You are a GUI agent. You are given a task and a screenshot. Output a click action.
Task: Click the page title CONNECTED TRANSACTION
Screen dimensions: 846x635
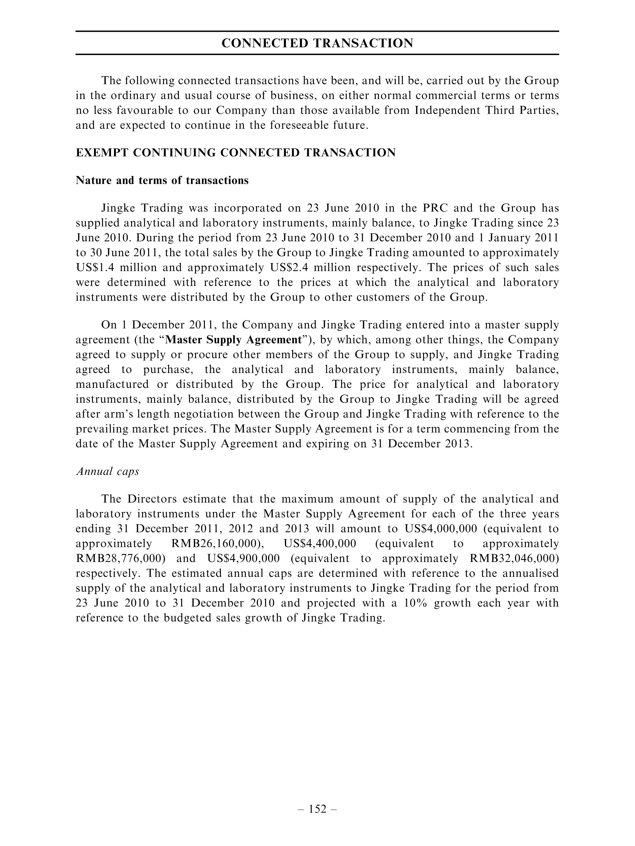pyautogui.click(x=317, y=43)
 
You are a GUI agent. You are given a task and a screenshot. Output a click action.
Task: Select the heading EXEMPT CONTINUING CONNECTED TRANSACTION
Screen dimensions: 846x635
pyautogui.click(x=236, y=153)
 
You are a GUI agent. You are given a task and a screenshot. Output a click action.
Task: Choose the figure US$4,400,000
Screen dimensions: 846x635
pyautogui.click(x=320, y=543)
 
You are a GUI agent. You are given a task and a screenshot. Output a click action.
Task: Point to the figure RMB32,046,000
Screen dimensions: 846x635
pyautogui.click(x=514, y=559)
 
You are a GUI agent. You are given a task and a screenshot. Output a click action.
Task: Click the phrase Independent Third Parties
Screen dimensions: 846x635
pyautogui.click(x=486, y=110)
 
